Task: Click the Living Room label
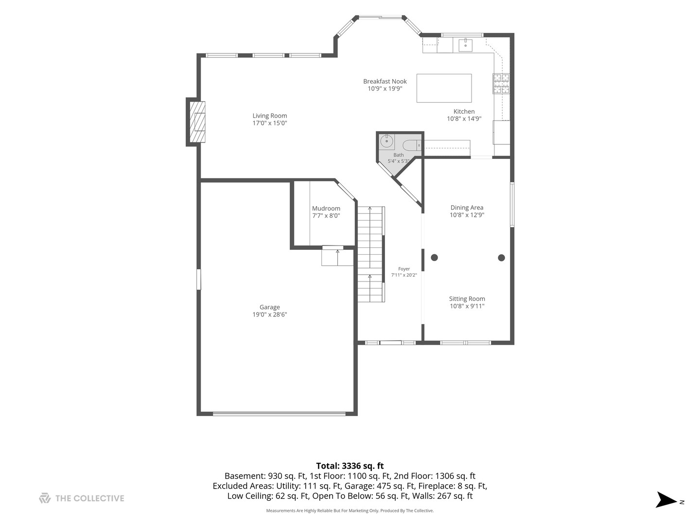tap(269, 116)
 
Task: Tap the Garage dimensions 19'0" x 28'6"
tap(269, 315)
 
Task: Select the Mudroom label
tap(326, 209)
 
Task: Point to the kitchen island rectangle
tap(444, 88)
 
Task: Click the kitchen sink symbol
tap(466, 45)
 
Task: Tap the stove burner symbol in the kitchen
tap(501, 84)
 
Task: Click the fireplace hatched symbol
tap(197, 122)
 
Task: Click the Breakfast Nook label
tap(385, 82)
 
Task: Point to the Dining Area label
tap(467, 208)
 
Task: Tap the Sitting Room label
tap(467, 298)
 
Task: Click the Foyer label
tap(404, 269)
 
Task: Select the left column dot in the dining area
tap(434, 257)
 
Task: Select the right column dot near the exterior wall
tap(501, 257)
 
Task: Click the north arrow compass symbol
tap(666, 500)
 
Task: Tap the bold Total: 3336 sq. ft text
tap(350, 466)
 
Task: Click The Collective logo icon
tap(45, 498)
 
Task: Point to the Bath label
tap(398, 155)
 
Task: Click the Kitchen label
tap(464, 112)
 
